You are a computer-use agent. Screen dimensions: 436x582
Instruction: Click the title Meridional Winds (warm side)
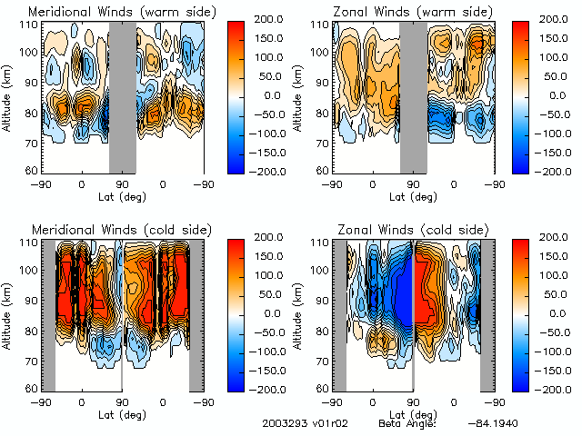[110, 12]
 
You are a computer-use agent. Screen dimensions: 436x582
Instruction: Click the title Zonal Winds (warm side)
[402, 12]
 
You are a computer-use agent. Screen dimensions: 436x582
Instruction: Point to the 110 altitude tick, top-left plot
[31, 25]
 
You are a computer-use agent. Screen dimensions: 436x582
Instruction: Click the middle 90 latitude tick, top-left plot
[122, 183]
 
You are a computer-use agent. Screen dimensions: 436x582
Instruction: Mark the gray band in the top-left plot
[123, 96]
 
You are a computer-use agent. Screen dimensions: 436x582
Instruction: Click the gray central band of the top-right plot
[414, 96]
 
